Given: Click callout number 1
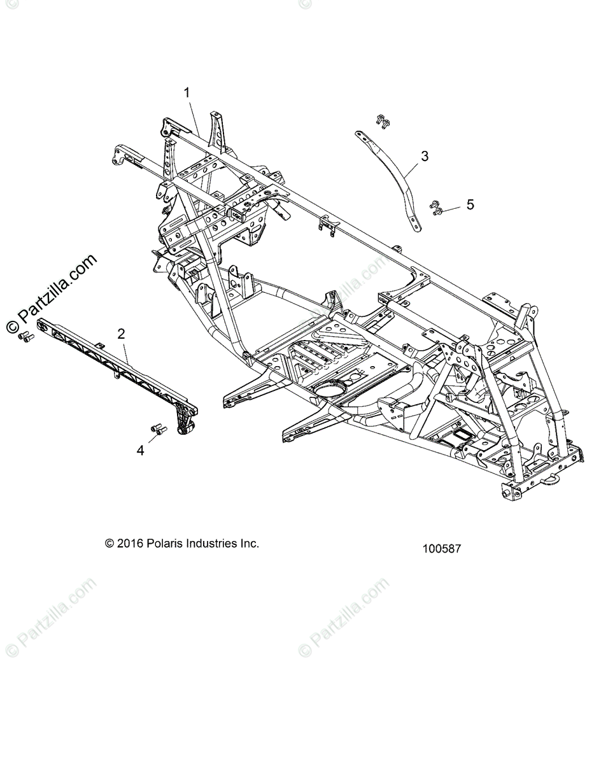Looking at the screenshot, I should click(x=187, y=92).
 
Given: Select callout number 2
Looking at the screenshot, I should click(x=121, y=333).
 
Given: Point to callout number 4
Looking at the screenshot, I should click(x=140, y=450).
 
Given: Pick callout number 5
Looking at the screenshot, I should click(x=470, y=204).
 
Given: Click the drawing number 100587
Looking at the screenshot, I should click(x=441, y=548).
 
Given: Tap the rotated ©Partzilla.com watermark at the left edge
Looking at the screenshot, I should click(x=51, y=293).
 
